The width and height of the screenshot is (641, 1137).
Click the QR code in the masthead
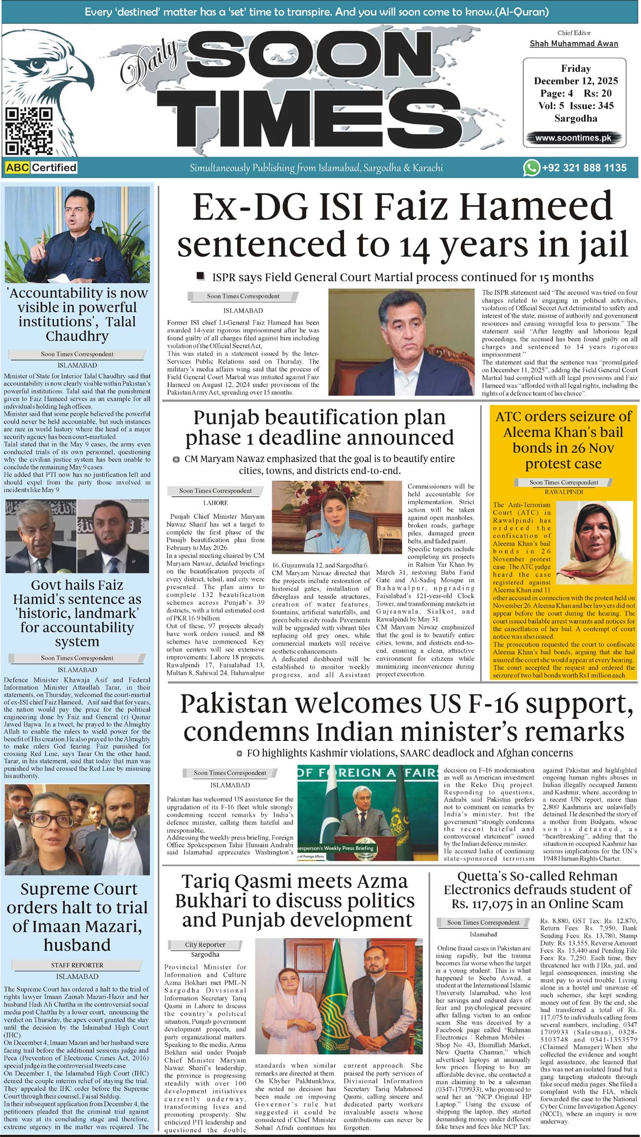29,131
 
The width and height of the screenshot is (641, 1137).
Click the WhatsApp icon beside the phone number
531,168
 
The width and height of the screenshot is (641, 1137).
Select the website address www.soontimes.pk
573,138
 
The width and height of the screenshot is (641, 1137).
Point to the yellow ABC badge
18,168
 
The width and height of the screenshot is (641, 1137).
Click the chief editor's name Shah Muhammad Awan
573,44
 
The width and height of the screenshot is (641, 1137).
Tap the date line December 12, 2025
575,81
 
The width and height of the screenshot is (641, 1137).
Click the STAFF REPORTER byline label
77,965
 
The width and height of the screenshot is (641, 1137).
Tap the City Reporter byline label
205,945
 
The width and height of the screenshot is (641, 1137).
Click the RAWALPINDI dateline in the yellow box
564,492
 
